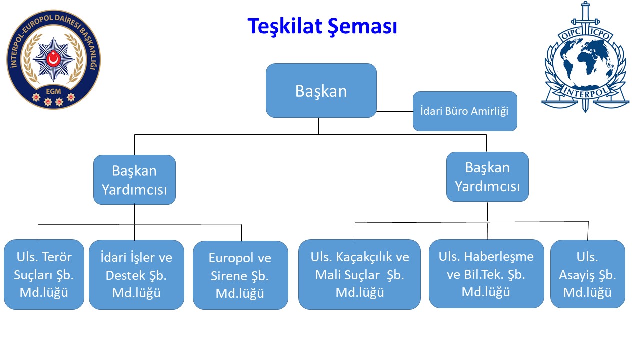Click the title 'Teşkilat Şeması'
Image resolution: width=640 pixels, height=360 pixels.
coord(322,27)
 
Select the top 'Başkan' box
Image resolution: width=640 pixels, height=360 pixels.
coord(321,90)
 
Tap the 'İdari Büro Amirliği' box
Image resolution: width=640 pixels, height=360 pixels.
coord(465,111)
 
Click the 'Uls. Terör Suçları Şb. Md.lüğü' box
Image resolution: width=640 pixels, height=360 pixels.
coord(44,274)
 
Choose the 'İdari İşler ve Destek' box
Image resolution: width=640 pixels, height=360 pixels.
coord(136,275)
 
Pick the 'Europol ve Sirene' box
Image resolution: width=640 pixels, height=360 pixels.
coord(240,275)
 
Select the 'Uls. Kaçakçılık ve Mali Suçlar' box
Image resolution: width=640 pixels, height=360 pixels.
coord(359,274)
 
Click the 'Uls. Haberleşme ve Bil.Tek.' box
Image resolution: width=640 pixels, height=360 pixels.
coord(486,274)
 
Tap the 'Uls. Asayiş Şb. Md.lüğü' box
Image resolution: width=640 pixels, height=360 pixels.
coord(587,274)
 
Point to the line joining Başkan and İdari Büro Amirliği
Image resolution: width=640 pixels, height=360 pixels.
coord(395,111)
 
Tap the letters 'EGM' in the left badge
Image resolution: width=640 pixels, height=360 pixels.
coord(53,91)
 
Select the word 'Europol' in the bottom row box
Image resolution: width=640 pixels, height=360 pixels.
coord(231,258)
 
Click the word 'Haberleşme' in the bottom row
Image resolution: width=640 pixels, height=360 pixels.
coord(499,257)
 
